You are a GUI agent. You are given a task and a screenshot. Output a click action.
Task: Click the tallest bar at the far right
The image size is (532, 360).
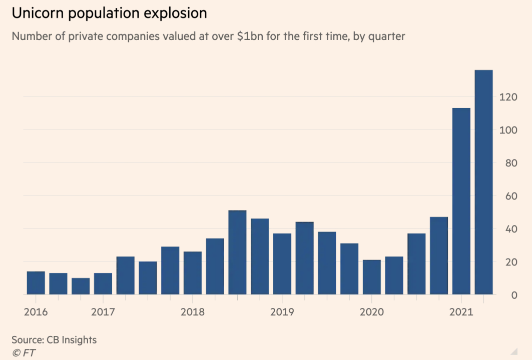pos(483,182)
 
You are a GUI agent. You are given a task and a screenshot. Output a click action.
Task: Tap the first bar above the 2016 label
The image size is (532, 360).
pos(36,282)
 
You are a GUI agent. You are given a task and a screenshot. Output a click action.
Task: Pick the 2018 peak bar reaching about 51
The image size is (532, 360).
pos(237,252)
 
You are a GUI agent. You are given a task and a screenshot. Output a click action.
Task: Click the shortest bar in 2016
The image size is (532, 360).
pos(81,286)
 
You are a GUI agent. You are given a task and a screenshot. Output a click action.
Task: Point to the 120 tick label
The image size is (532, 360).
pos(508,97)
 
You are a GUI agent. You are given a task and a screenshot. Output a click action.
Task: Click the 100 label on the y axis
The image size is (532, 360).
pos(508,130)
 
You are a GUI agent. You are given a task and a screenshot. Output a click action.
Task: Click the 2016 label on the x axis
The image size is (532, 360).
pos(36,312)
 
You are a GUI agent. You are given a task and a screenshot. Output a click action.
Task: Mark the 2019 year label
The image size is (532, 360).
pos(282,312)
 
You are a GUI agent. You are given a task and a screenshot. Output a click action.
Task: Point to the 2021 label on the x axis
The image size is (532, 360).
pos(460,312)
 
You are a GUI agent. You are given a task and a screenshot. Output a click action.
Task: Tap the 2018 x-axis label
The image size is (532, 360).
pos(192,312)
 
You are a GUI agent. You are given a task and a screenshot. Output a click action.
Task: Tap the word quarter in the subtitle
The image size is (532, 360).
pos(386,36)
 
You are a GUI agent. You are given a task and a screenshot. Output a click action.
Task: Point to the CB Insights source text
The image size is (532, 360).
pos(72,340)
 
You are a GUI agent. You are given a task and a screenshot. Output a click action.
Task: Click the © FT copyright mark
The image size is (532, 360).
pos(24,352)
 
